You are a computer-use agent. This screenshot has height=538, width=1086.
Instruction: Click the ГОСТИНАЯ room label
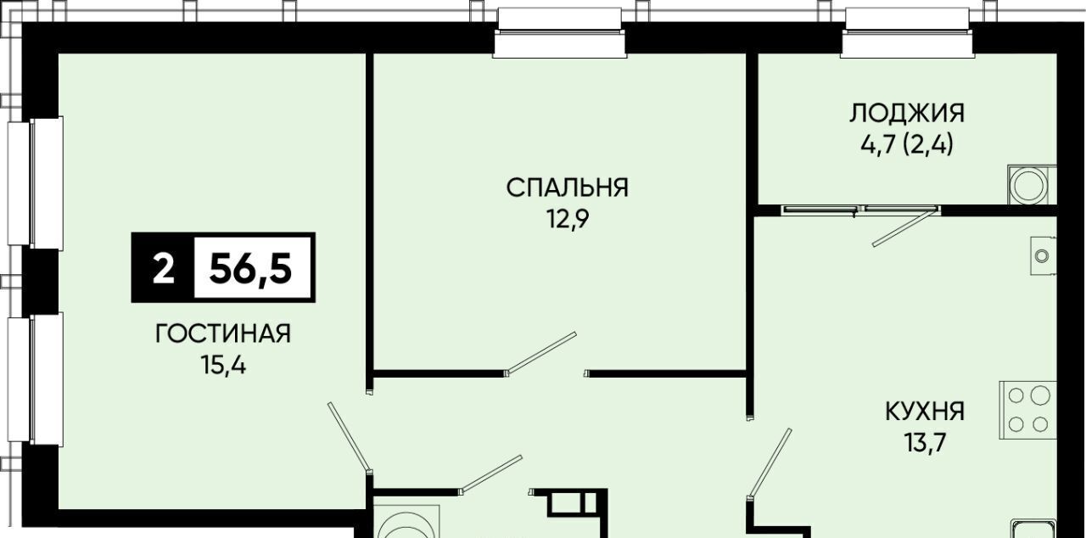(x=223, y=334)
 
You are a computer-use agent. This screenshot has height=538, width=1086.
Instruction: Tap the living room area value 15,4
(x=223, y=365)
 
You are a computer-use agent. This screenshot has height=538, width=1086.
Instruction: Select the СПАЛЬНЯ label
(x=568, y=188)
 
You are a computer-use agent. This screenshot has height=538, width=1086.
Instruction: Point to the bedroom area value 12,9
(x=568, y=219)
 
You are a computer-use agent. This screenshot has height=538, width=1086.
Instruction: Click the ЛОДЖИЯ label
(x=907, y=113)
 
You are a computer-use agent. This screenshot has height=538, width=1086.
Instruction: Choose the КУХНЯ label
(x=925, y=412)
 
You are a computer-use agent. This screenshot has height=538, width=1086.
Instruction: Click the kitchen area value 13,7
(x=925, y=442)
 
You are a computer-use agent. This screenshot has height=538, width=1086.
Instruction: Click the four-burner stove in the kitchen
(x=1027, y=411)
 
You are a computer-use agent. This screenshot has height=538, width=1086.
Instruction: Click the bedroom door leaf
(x=540, y=353)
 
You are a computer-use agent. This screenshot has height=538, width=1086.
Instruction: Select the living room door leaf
(x=349, y=436)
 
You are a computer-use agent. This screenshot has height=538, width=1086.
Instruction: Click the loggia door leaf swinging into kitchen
(x=904, y=227)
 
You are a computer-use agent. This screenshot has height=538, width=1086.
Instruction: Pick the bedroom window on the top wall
(x=560, y=33)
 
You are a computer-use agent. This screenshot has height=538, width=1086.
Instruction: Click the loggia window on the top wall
(x=907, y=33)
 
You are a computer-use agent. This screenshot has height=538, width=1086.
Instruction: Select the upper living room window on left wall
(x=36, y=182)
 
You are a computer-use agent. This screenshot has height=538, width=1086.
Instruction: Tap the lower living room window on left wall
(x=36, y=379)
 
